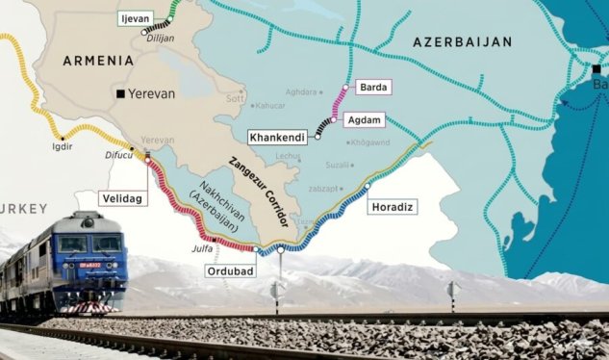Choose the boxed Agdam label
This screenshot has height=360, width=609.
pyautogui.click(x=365, y=119)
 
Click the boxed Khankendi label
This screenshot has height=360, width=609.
pyautogui.click(x=278, y=138)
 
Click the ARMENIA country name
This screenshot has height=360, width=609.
pyautogui.click(x=98, y=60)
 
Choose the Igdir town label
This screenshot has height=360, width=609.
pyautogui.click(x=62, y=146)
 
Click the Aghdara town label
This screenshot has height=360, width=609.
pyautogui.click(x=302, y=91)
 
